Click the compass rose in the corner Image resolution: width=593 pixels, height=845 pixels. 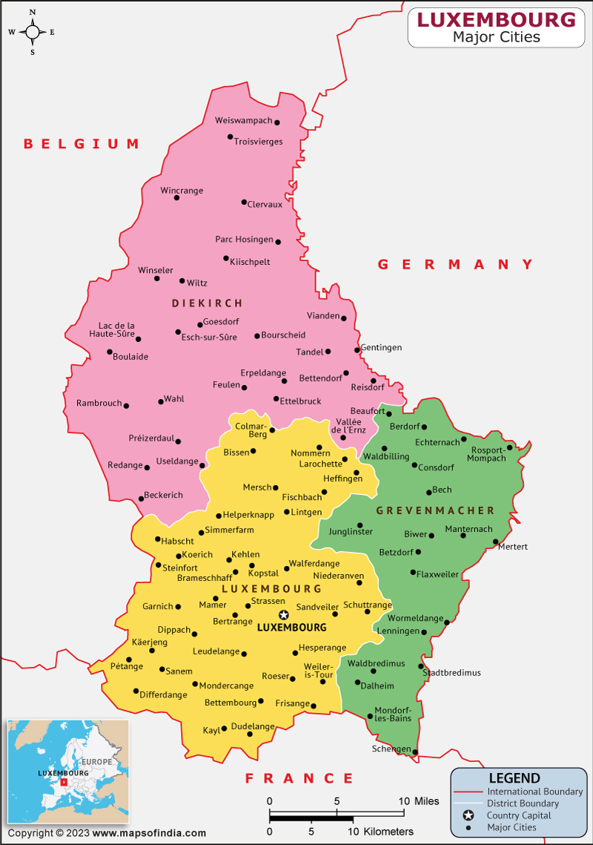[33, 32]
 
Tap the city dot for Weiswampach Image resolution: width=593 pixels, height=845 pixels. [277, 122]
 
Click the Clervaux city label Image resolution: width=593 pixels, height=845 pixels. [265, 205]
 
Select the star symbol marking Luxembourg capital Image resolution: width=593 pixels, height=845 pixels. [283, 615]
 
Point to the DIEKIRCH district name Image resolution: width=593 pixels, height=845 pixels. [207, 303]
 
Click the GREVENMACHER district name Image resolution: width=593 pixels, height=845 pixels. [435, 510]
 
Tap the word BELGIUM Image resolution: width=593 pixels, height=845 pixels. [82, 144]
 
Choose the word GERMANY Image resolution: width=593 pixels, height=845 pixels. [455, 264]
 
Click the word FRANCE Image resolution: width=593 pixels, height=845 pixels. [299, 778]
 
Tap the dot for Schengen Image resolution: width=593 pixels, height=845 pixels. [415, 752]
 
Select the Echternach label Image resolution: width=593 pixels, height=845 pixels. [437, 442]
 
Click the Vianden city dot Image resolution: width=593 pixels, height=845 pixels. [343, 318]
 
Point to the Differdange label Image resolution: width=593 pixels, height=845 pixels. [163, 695]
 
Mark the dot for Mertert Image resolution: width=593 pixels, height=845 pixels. [495, 542]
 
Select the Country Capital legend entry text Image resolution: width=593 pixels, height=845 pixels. [519, 815]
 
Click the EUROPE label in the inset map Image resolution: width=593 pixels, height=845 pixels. [97, 762]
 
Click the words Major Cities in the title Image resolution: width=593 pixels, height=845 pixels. [496, 36]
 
